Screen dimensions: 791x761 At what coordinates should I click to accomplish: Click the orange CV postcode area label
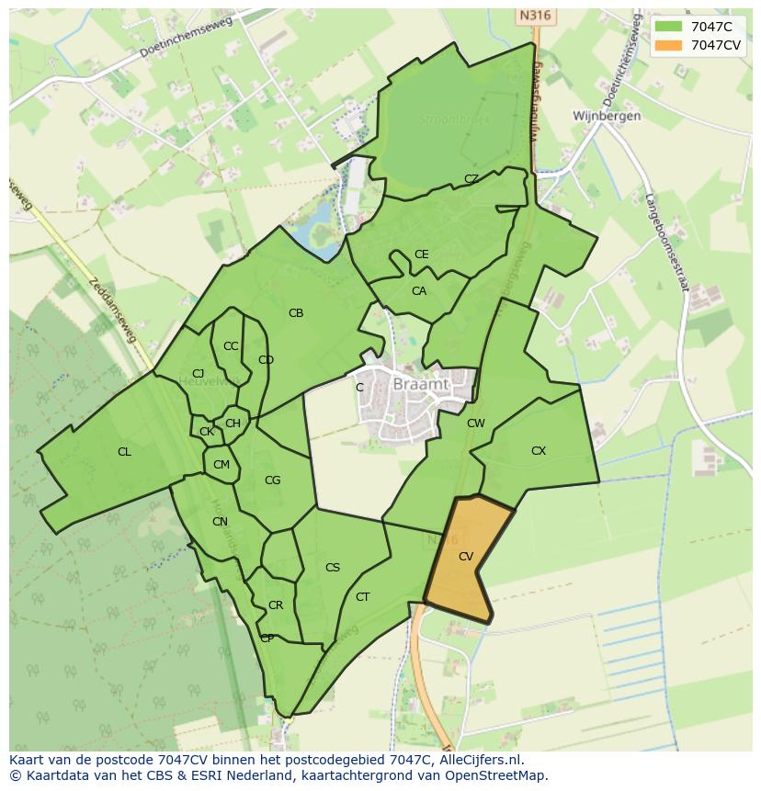(x=466, y=557)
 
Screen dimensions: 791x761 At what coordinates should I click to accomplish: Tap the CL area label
(x=124, y=452)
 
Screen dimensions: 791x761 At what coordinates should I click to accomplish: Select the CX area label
(x=539, y=451)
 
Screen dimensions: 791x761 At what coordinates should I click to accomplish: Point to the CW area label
(x=475, y=424)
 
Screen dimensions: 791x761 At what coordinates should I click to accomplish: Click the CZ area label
(x=471, y=179)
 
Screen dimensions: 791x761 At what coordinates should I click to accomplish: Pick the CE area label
(x=421, y=254)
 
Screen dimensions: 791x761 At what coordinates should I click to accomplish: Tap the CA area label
(x=419, y=291)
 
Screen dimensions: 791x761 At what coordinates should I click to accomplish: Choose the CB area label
(x=296, y=313)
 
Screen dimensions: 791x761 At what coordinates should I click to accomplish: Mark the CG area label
(x=272, y=480)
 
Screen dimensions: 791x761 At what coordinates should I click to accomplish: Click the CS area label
(x=333, y=568)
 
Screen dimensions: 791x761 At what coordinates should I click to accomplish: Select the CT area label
(x=363, y=597)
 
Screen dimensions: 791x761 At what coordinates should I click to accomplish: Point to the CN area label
(x=220, y=522)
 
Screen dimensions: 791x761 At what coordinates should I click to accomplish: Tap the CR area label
(x=276, y=605)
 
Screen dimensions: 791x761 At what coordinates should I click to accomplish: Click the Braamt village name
(x=420, y=385)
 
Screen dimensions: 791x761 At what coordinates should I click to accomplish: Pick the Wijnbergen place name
(x=607, y=117)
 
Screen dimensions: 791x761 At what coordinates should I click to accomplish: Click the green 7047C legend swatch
(x=670, y=26)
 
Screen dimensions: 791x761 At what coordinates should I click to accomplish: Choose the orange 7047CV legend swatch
(x=670, y=44)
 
